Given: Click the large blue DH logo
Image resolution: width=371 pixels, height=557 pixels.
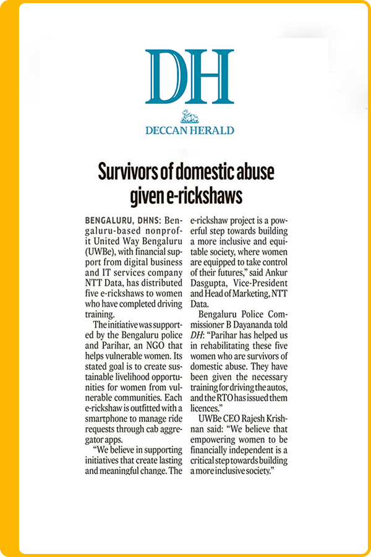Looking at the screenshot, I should [189, 77].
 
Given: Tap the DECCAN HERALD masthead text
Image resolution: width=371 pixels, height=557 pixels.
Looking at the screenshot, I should [189, 131].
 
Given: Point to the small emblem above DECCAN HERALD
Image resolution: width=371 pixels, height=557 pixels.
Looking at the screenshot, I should [189, 116].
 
